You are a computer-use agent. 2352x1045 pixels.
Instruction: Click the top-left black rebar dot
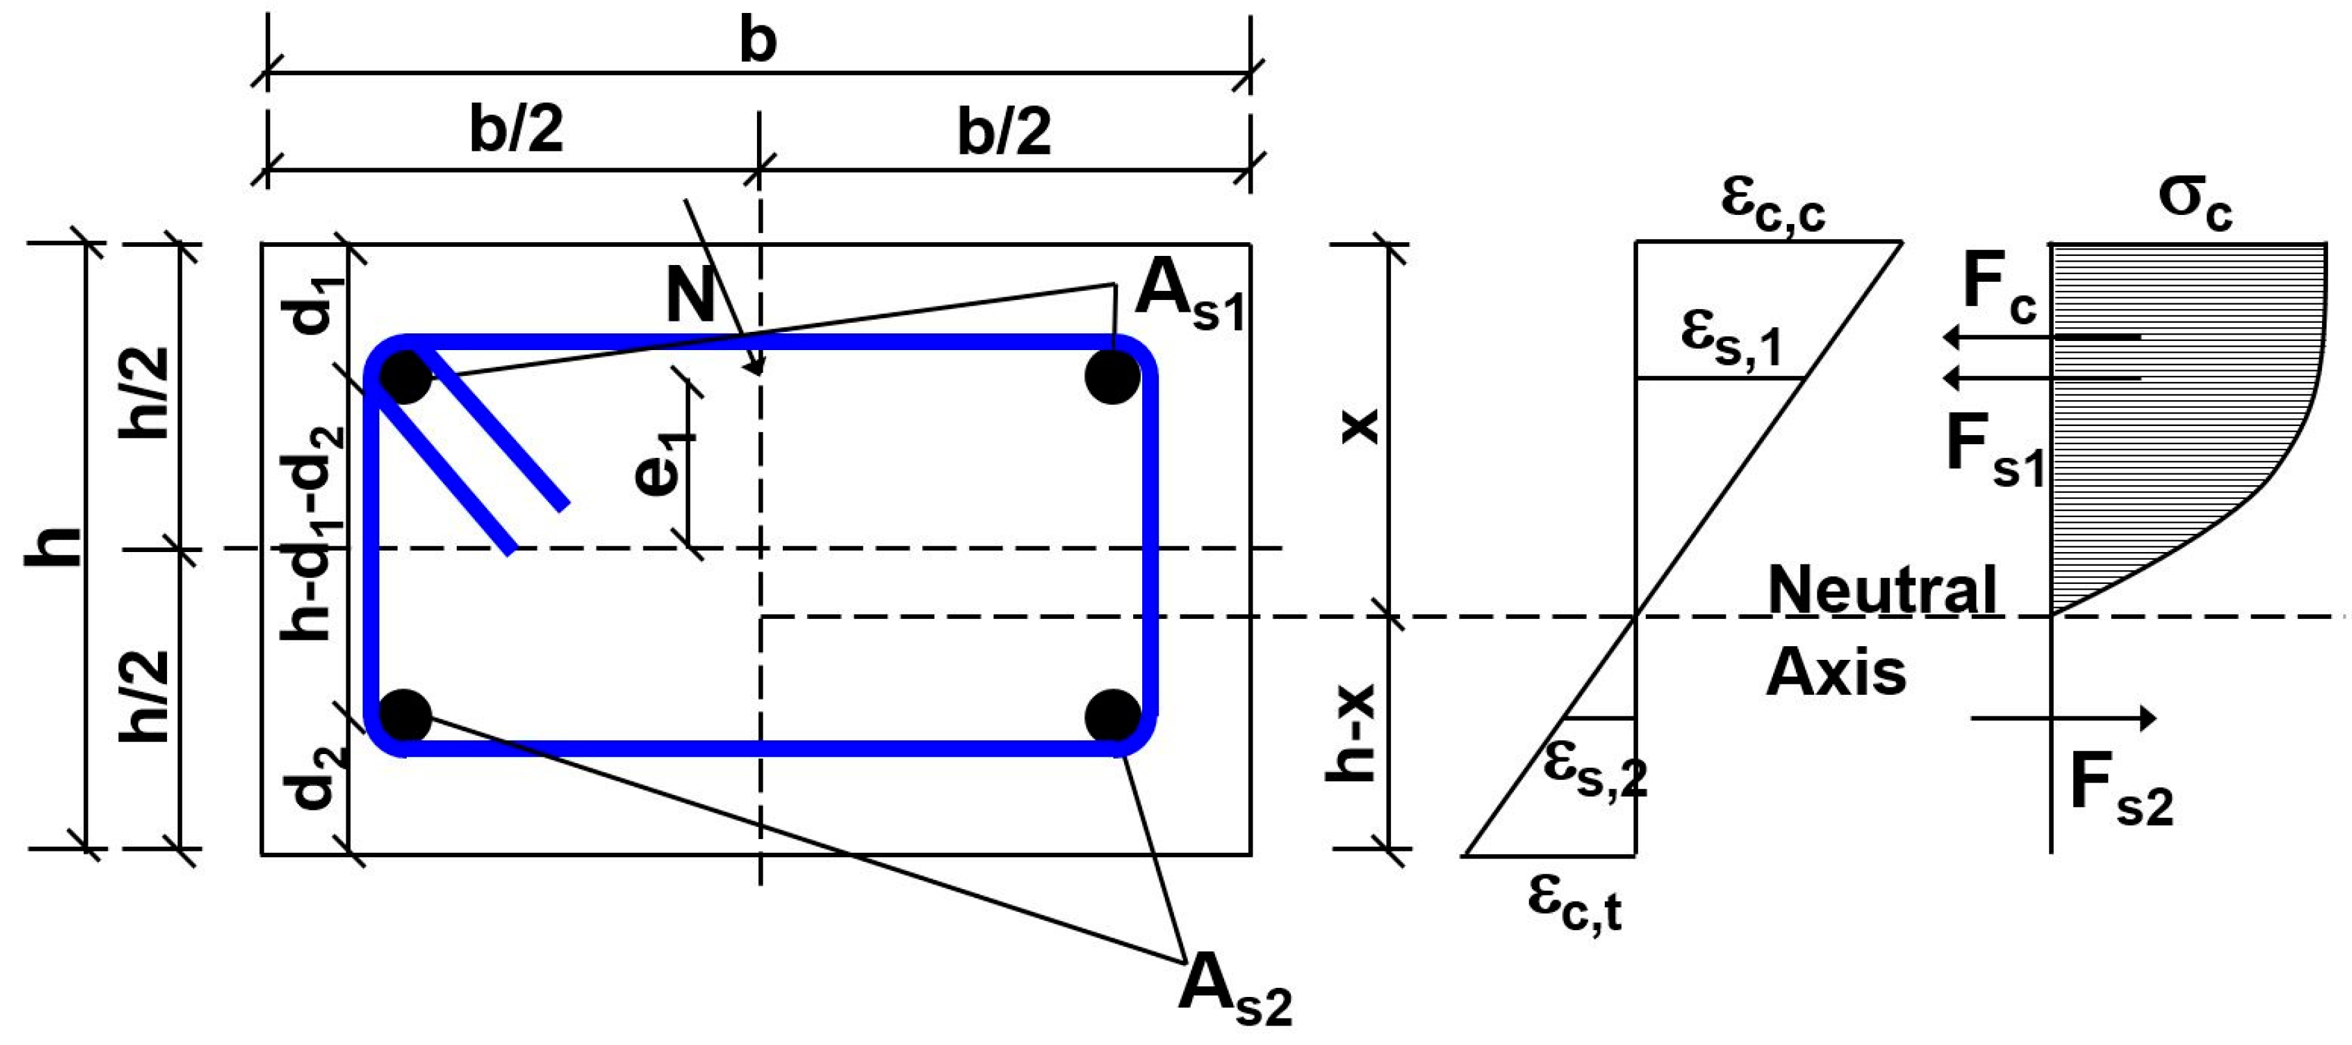[405, 377]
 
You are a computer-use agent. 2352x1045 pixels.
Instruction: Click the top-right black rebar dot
[1113, 376]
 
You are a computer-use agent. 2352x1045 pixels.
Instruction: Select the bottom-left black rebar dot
[405, 716]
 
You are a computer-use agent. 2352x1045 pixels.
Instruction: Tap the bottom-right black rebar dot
[1113, 716]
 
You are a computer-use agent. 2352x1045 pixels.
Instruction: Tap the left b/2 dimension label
[517, 130]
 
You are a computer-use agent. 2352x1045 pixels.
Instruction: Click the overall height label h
[53, 547]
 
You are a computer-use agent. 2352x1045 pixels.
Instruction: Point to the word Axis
[1836, 674]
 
